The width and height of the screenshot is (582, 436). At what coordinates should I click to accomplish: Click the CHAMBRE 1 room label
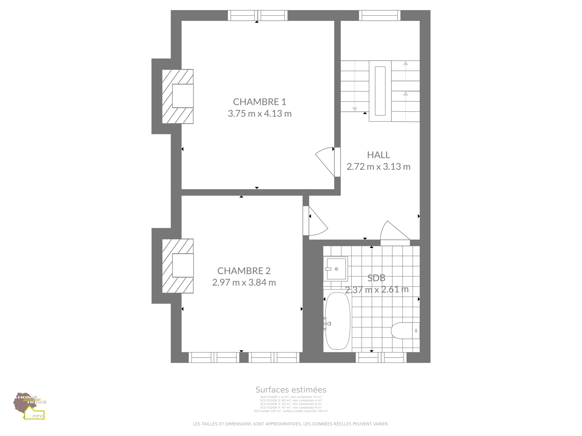click(259, 102)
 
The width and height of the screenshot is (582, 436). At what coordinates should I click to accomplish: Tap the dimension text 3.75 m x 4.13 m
click(260, 114)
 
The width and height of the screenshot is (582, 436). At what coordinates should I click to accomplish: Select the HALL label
click(378, 155)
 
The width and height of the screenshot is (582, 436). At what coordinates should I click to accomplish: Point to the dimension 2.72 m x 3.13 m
click(378, 167)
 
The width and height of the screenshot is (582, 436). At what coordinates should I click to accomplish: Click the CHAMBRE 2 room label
click(244, 271)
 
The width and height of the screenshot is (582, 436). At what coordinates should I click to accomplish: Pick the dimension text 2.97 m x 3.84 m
click(244, 282)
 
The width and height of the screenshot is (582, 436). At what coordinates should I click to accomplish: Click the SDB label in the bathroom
click(376, 278)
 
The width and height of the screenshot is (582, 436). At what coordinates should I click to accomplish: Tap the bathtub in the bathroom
click(338, 321)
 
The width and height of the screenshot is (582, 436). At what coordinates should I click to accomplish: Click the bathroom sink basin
click(336, 269)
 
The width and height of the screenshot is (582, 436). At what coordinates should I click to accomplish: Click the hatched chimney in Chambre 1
click(178, 96)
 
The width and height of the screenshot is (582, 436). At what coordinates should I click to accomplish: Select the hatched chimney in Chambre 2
click(178, 266)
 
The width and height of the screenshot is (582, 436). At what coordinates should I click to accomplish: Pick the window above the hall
click(380, 15)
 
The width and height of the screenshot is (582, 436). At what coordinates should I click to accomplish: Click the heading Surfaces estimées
click(291, 390)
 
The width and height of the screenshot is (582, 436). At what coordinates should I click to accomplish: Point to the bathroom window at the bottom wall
click(381, 357)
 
